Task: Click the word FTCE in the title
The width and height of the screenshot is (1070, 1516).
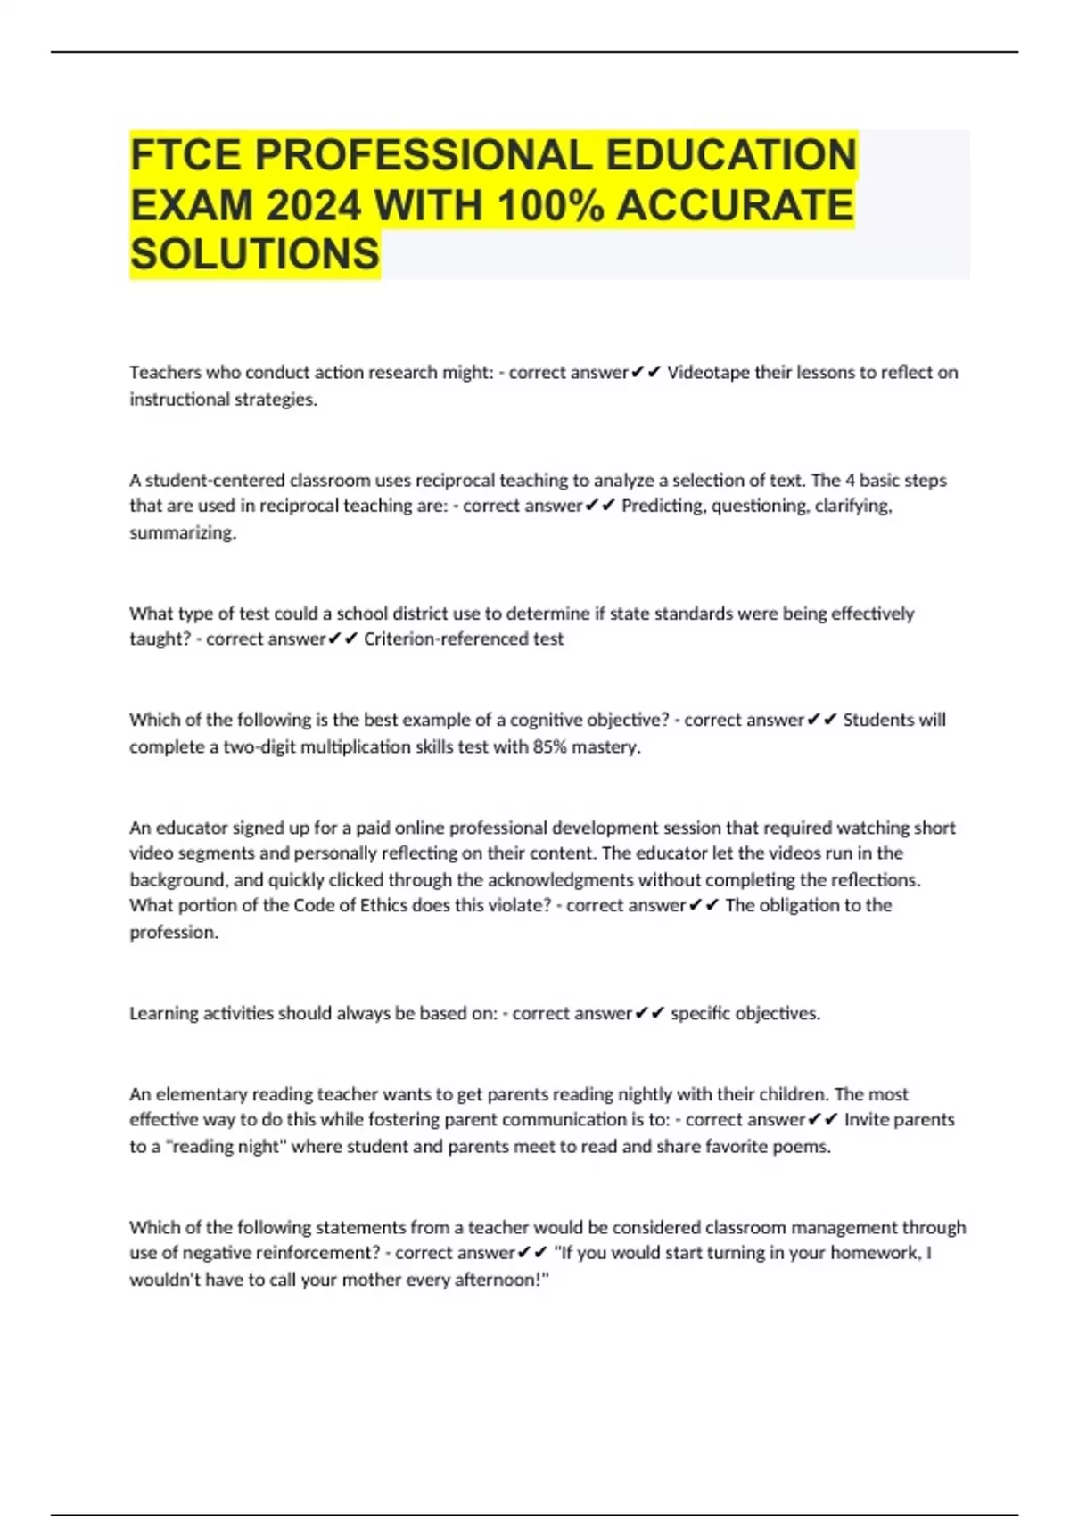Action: [185, 155]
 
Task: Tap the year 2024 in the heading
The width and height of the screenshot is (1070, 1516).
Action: [313, 206]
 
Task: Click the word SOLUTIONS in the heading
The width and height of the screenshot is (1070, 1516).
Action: [255, 255]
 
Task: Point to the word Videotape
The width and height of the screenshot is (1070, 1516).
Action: [708, 373]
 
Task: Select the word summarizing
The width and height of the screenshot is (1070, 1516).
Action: [182, 532]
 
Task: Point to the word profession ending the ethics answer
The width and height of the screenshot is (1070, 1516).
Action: [173, 932]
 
